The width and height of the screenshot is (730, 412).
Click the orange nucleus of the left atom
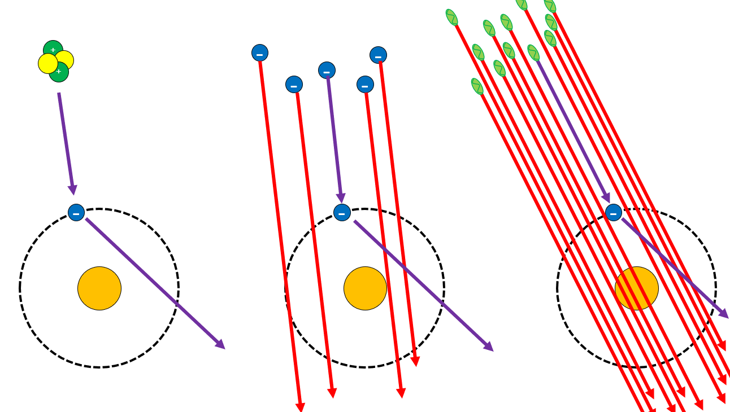(99, 288)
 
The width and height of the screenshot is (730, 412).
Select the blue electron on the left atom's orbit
(76, 213)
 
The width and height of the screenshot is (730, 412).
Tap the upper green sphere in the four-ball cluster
(53, 49)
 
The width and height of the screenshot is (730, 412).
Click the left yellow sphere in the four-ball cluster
(47, 64)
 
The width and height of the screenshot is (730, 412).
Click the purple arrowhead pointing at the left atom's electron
(72, 190)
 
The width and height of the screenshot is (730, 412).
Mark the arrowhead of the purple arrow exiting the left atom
(220, 344)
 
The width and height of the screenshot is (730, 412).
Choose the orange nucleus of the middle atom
(365, 288)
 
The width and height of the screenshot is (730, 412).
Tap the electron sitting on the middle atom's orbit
(342, 213)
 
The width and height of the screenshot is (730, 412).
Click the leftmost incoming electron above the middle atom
(260, 53)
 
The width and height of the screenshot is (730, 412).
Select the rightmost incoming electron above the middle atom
(379, 55)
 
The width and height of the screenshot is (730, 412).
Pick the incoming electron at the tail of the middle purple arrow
(327, 71)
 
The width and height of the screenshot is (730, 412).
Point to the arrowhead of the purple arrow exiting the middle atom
(489, 347)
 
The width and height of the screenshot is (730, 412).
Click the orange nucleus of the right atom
(637, 288)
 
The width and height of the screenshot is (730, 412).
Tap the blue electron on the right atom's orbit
(614, 213)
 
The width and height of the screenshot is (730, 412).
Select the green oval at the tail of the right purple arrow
(533, 53)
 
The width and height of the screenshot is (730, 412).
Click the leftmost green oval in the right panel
(451, 17)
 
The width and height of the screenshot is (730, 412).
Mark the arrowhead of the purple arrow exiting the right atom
(724, 314)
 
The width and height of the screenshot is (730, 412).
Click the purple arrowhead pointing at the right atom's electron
(606, 198)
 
